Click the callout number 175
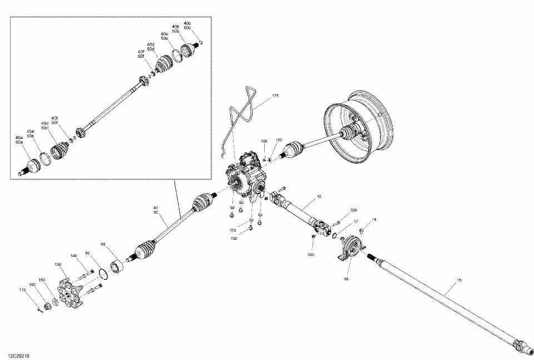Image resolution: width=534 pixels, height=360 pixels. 275,96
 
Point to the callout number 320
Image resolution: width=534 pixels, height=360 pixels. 353,210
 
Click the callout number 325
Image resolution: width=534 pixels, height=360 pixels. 310,254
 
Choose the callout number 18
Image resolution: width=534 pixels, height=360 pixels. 374,220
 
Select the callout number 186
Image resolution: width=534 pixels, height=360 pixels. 264,141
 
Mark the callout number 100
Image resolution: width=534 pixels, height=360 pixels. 234,238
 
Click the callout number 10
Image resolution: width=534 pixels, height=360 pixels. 319,196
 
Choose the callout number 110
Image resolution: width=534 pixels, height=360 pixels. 234,230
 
